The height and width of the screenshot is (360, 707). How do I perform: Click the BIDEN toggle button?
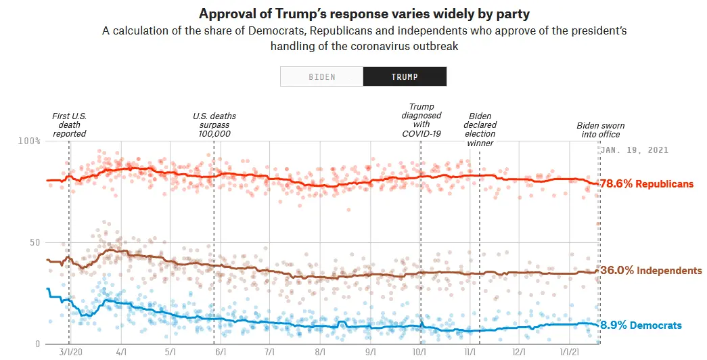(x=321, y=76)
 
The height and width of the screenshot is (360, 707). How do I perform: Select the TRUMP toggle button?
(x=405, y=76)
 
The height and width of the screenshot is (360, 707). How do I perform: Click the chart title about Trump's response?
(x=352, y=14)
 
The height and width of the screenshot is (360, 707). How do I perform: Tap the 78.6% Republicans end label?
(x=647, y=184)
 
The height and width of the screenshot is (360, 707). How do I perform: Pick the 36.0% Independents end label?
(x=651, y=271)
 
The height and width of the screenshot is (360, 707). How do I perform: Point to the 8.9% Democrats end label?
(x=641, y=325)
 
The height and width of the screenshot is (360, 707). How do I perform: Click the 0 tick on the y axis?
(x=38, y=344)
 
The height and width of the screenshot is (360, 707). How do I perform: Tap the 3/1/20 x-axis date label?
(x=70, y=353)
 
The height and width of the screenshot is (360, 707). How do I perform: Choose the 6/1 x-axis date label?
(x=220, y=353)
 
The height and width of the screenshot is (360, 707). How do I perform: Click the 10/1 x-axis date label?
(x=419, y=353)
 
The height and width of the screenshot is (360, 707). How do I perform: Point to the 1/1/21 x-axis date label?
(x=569, y=353)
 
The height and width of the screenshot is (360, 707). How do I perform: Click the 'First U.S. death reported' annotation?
(x=69, y=125)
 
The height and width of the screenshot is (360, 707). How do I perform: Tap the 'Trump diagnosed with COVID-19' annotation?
(x=421, y=120)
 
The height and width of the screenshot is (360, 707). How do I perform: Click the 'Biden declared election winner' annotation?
(x=480, y=129)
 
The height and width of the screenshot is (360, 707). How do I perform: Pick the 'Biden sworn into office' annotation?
(x=600, y=130)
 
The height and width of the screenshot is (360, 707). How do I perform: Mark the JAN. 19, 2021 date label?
(x=635, y=150)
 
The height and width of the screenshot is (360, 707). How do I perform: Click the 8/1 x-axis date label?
(x=319, y=353)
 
